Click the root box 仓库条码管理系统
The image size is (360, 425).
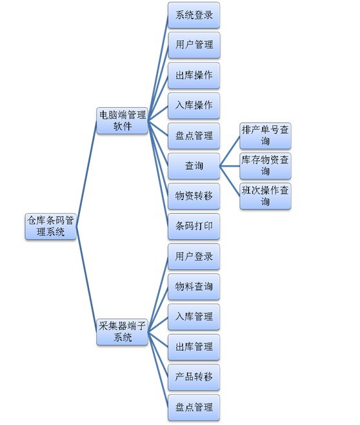point(50,226)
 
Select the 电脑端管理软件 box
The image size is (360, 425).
point(122,121)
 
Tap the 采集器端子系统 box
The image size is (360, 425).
point(122,332)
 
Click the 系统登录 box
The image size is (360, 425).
point(194,16)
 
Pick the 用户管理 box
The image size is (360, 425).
point(194,45)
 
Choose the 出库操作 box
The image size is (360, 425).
point(194,76)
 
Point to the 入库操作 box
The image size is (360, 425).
point(194,106)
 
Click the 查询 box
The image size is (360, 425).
point(194,166)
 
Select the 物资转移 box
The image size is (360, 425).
point(194,196)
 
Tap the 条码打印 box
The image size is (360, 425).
point(194,226)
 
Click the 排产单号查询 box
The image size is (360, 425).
point(265,136)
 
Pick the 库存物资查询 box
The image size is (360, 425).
point(265,166)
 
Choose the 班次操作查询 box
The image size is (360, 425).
point(265,196)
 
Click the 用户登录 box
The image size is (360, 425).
point(194,256)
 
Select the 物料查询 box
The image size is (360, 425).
point(194,287)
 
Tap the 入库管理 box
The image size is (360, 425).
point(194,317)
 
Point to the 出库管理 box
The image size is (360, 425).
point(194,347)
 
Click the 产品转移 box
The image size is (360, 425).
point(194,377)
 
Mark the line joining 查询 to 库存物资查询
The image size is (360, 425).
point(230,166)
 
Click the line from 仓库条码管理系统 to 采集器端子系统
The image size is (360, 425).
point(86,279)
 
